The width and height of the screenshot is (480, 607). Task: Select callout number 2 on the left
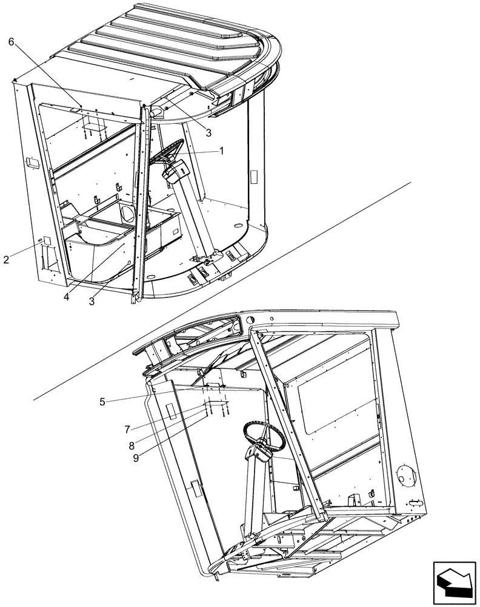[x=6, y=260]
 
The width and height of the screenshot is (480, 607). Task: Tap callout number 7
[x=127, y=429]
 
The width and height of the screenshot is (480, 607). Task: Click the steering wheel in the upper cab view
[x=167, y=151]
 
